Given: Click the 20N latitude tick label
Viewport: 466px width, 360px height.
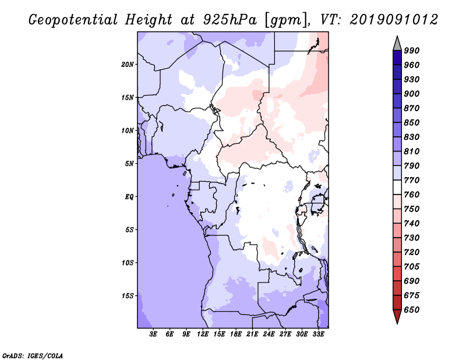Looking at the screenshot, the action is tap(128, 65).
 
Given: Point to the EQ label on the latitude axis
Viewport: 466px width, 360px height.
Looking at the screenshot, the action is tap(129, 197).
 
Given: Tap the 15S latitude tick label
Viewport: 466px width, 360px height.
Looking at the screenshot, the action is tap(128, 296).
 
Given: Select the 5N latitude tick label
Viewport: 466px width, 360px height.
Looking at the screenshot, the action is tap(129, 164).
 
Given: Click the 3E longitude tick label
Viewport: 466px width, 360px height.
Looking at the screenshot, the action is tap(153, 334).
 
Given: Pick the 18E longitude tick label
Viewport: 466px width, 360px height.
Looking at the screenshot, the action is tap(236, 334).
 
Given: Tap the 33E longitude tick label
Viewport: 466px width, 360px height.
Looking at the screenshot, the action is tap(318, 334).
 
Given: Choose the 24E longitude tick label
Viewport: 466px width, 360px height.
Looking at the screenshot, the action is tap(269, 334).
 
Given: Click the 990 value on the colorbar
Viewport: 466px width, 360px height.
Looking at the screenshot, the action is tap(412, 51).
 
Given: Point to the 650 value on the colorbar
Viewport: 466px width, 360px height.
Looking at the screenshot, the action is tap(412, 310).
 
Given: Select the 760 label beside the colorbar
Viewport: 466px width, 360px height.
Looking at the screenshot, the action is tap(412, 195).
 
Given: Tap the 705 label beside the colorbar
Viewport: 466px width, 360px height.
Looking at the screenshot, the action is tap(412, 267).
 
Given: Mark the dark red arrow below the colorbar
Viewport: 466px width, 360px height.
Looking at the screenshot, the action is tap(397, 316).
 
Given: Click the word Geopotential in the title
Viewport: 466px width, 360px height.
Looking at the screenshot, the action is tap(73, 20).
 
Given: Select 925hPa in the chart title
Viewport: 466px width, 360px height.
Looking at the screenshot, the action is tap(230, 20).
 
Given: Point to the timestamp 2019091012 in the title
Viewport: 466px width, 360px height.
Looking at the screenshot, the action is tap(394, 20).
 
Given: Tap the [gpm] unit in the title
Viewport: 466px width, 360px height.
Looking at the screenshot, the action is tap(287, 20).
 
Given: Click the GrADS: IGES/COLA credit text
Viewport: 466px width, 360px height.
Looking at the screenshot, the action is tap(33, 356).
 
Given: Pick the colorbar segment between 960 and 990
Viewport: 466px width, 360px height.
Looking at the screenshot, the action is tap(397, 58).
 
